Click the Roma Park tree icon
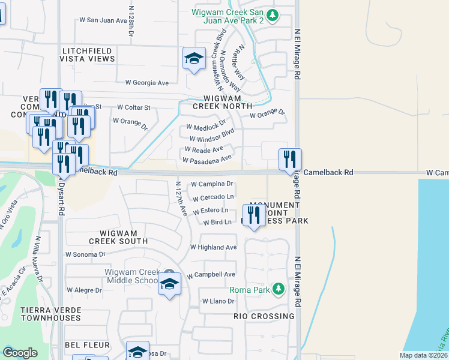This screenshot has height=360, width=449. tap(278, 289)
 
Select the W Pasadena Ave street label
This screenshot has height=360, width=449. tap(207, 160)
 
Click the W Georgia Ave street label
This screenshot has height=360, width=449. tap(147, 83)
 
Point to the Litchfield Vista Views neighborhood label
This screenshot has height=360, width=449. tap(88, 55)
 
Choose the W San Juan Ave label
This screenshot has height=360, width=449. tap(104, 20)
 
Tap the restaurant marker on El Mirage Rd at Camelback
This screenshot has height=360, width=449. tap(289, 158)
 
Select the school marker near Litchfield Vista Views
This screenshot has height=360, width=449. tap(194, 58)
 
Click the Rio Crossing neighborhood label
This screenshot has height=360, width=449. tap(265, 316)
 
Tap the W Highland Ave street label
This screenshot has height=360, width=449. tap(213, 247)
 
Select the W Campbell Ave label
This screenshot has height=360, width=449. tap(211, 275)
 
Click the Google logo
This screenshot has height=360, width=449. tap(20, 352)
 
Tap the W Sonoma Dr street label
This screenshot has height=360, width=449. tap(85, 254)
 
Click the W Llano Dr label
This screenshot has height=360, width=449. tap(217, 301)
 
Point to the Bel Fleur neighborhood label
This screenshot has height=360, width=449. tap(88, 345)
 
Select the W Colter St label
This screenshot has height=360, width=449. tap(133, 107)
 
